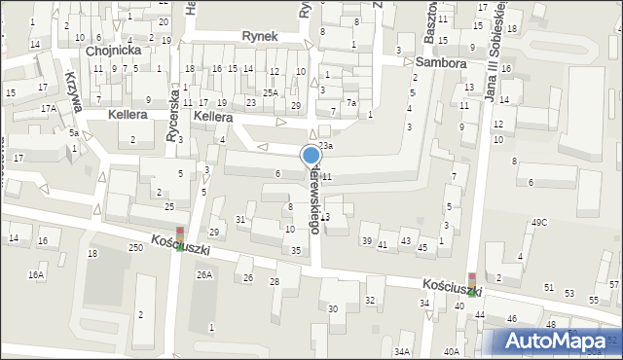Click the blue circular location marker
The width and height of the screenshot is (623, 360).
pos(311,155)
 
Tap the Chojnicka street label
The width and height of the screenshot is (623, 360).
pos(114,50)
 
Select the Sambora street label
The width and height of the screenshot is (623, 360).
pos(440,61)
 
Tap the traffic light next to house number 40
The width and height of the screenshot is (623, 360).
pos(472,283)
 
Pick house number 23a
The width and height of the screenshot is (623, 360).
pos(325,146)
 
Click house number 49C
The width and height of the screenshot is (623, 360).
pos(538,223)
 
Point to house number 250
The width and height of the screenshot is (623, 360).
pos(135,249)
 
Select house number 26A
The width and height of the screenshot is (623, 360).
pos(203,275)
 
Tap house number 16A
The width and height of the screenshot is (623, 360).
pos(36,275)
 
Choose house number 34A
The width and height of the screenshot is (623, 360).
pos(402,351)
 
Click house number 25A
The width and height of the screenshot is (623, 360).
pos(270,93)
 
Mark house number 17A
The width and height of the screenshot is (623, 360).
pos(48,109)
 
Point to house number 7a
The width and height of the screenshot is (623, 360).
pos(351,103)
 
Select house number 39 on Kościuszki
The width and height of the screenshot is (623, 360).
pos(367,240)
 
